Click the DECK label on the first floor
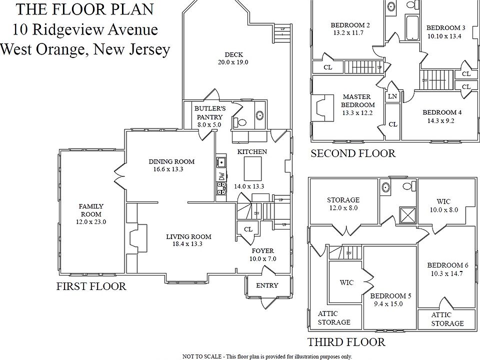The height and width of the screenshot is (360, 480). coord(233,54)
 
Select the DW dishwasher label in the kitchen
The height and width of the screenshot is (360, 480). coord(221,176)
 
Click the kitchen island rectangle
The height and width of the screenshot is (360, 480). coord(253,168)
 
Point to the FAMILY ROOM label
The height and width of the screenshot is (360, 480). coord(91,210)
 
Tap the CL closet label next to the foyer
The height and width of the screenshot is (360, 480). coord(247,229)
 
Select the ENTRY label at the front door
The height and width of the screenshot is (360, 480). coord(267,285)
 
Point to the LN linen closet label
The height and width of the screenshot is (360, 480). coord(392,96)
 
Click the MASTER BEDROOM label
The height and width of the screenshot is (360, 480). coord(357,100)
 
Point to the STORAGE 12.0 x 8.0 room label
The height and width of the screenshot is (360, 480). coord(343,203)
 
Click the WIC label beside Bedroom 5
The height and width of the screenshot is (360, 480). coord(346,282)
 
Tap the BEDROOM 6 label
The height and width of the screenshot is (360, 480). coord(444,265)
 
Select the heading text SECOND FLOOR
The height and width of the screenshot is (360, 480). coord(353,153)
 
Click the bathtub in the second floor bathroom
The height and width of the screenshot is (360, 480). coord(411,28)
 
